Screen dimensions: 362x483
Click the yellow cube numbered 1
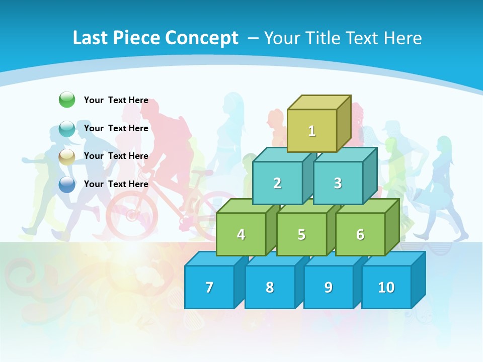click(x=312, y=131)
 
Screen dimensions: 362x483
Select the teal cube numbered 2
click(x=277, y=183)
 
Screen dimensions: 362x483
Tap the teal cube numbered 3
click(x=338, y=183)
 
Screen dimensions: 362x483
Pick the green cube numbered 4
click(x=241, y=234)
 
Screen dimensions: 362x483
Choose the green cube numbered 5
click(x=301, y=234)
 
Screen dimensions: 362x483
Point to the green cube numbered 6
click(x=360, y=234)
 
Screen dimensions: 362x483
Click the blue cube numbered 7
click(x=209, y=287)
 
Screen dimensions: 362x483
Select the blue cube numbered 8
click(x=270, y=287)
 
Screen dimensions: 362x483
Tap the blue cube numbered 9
click(x=328, y=287)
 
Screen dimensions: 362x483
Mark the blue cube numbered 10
click(x=386, y=287)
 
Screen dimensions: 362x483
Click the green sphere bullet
click(x=67, y=100)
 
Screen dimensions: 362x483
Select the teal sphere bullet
click(x=67, y=128)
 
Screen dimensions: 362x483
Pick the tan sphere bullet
click(x=67, y=156)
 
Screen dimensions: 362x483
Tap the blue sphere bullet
click(x=67, y=184)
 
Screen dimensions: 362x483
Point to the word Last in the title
click(x=91, y=38)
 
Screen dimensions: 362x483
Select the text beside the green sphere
click(x=116, y=100)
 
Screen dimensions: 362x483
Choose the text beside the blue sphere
click(x=116, y=184)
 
